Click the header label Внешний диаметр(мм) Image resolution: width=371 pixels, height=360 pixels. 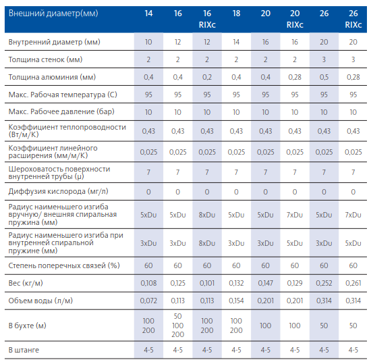[53, 14]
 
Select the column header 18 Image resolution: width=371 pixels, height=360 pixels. [236, 14]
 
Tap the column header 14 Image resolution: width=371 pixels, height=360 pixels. [148, 14]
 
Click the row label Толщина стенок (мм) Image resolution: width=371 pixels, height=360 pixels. [45, 59]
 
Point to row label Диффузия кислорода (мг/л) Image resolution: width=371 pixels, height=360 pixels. [58, 191]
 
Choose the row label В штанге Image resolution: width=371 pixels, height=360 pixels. [24, 350]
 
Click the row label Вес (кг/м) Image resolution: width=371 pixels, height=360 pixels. [26, 283]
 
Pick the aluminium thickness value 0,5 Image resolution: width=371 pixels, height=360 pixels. [324, 77]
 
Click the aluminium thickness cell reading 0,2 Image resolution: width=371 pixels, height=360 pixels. [207, 77]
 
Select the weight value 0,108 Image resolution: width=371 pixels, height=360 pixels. [148, 283]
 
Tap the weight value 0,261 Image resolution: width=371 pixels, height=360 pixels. [353, 283]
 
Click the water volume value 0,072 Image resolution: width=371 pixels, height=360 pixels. [148, 301]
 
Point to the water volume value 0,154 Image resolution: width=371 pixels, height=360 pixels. [236, 301]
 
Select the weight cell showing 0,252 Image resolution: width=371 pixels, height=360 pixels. [324, 283]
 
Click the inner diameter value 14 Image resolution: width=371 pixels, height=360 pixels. [236, 42]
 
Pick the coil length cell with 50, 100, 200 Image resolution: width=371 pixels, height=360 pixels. [177, 325]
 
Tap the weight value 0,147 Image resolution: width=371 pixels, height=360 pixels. [266, 283]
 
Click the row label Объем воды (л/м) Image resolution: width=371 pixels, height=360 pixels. [40, 301]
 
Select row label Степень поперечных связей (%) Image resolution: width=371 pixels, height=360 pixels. [64, 265]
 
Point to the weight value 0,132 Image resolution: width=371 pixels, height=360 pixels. [236, 283]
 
